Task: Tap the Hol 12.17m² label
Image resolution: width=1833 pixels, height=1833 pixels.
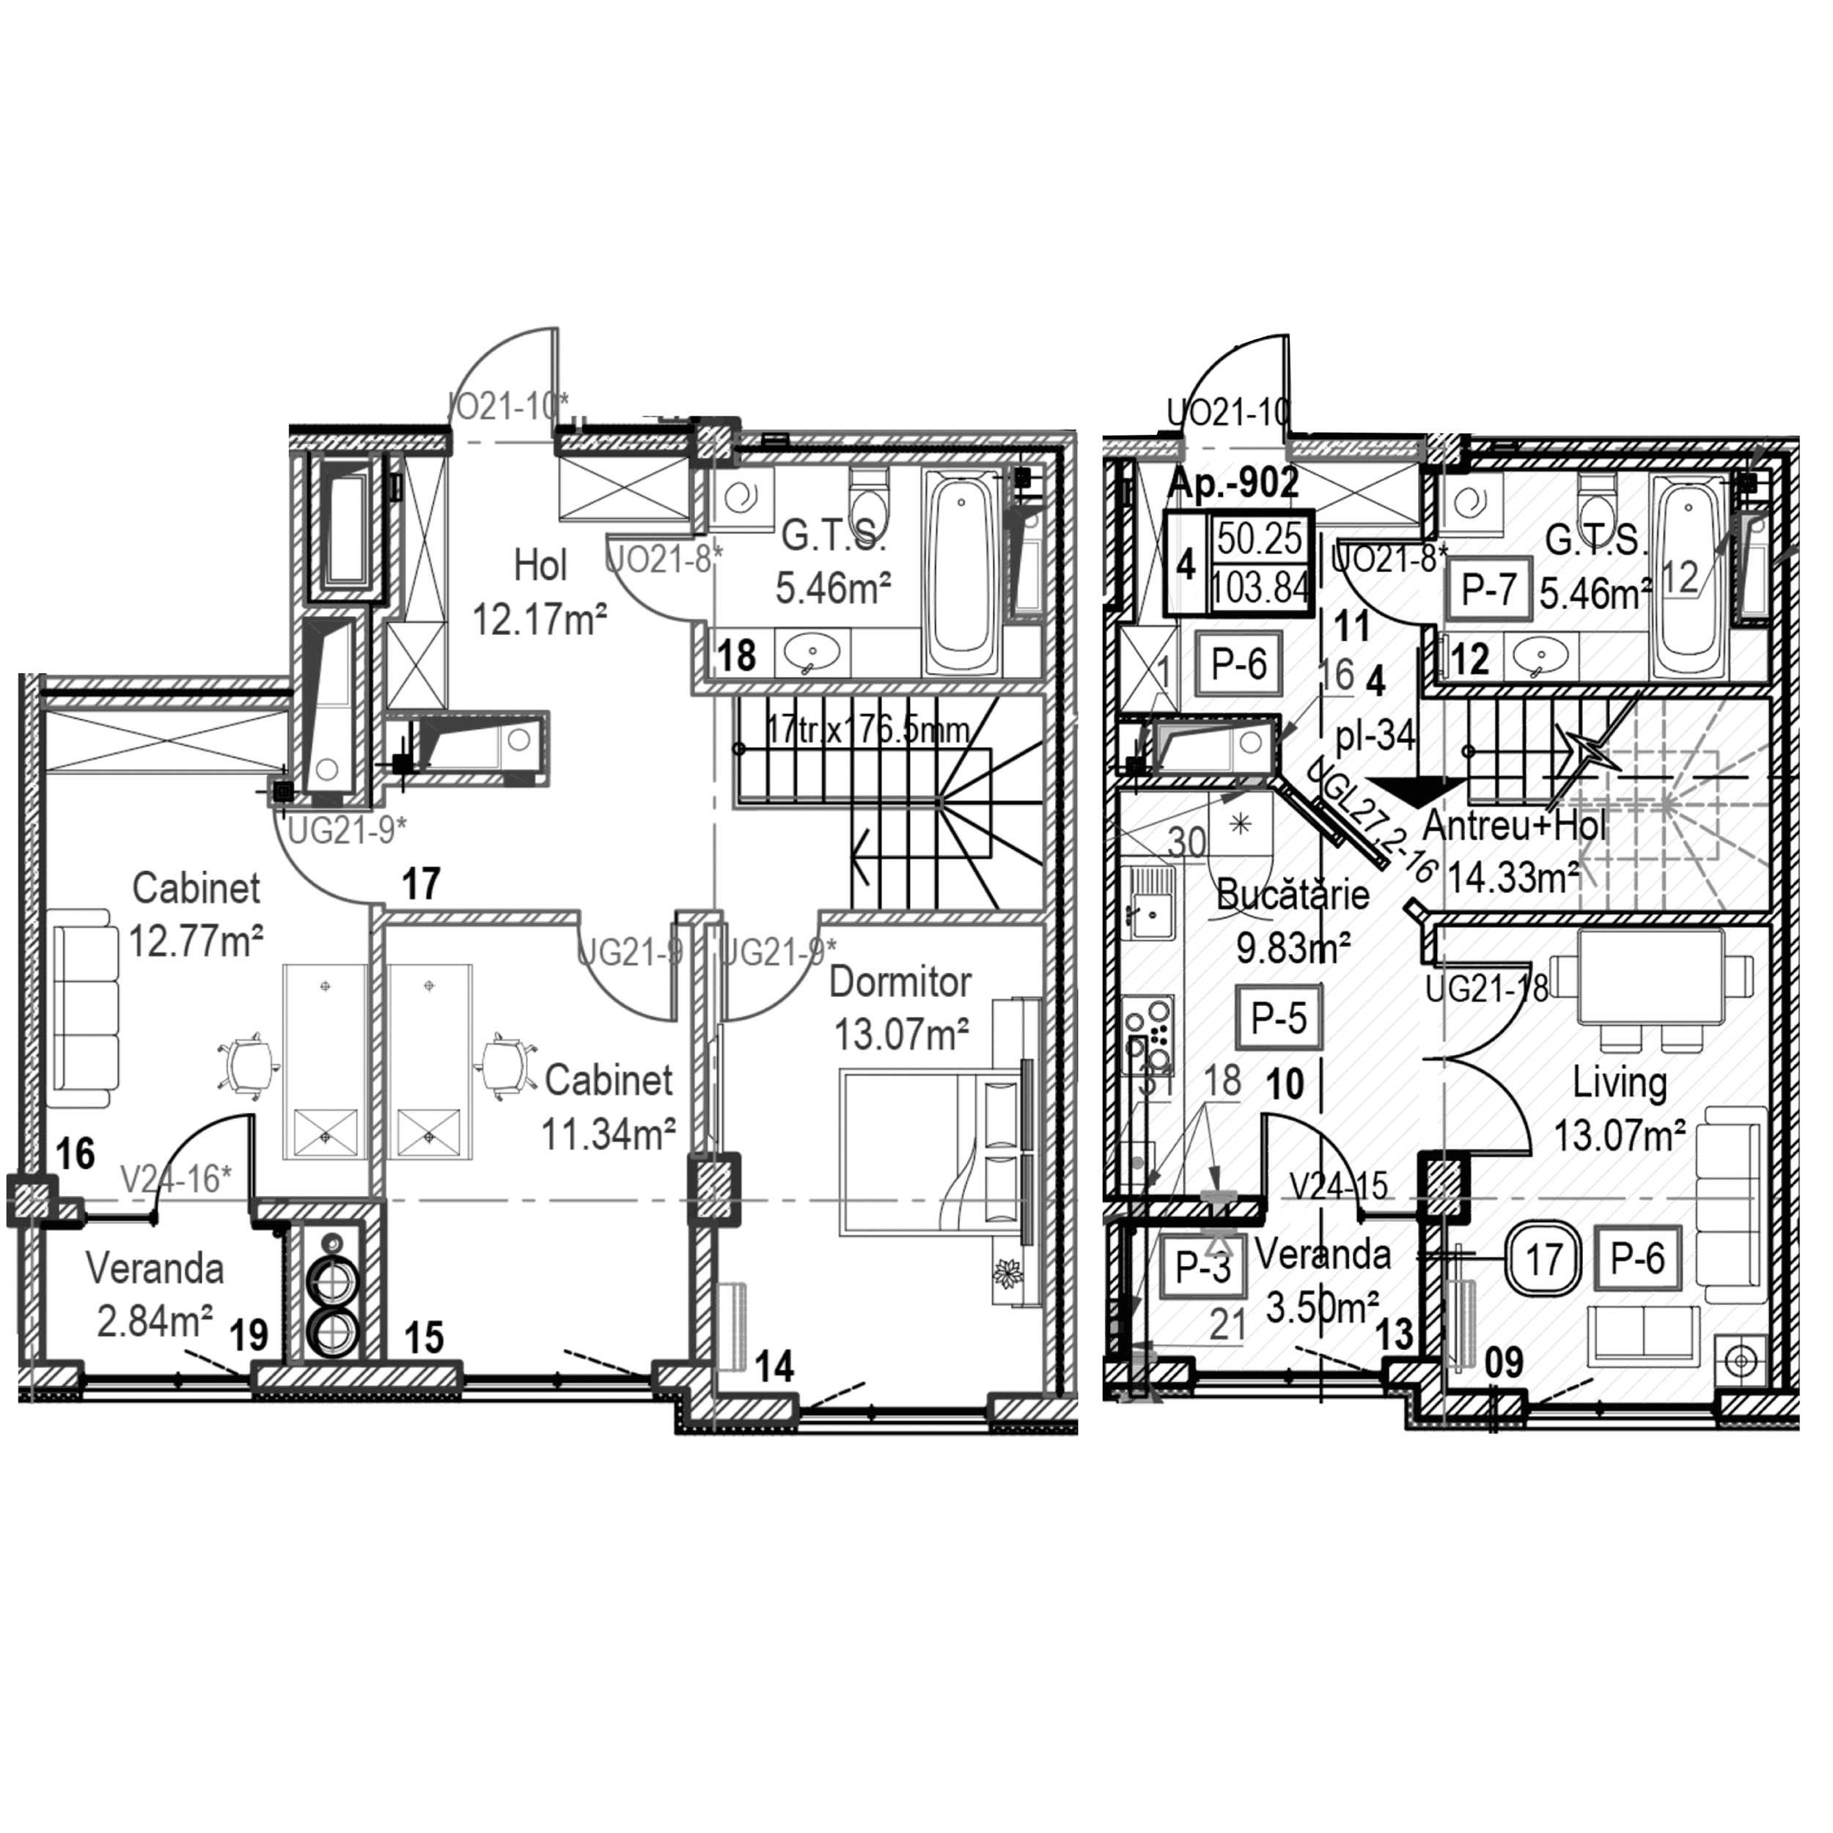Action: (x=539, y=594)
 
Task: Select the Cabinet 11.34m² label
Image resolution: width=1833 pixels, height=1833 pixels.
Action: (x=608, y=1106)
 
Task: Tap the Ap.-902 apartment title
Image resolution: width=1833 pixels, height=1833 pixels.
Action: (x=1232, y=483)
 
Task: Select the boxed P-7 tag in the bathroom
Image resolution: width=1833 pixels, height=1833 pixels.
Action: (x=1488, y=591)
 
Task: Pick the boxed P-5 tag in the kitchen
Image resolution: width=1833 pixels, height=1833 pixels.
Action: (x=1278, y=1018)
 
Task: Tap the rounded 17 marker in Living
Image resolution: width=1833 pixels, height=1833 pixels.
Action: (x=1543, y=1259)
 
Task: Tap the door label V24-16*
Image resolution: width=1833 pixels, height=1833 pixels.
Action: (x=177, y=1178)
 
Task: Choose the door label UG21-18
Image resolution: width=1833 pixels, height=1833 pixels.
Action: (x=1487, y=990)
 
